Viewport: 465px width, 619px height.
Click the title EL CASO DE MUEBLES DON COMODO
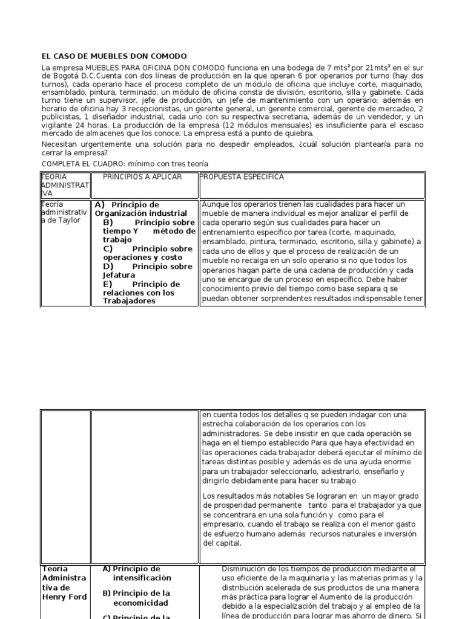coord(114,56)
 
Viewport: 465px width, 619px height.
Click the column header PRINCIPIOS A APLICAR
coord(142,177)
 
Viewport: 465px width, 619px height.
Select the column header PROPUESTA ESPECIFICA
coord(242,177)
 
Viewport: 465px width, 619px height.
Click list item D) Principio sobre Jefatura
coord(147,270)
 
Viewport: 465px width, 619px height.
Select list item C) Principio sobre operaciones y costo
coord(147,253)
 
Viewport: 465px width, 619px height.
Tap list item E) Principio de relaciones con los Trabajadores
coord(147,293)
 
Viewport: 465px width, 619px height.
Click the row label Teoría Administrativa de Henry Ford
coord(64,583)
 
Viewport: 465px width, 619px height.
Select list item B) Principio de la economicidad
coord(140,598)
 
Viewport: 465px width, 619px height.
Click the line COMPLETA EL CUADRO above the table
coord(124,164)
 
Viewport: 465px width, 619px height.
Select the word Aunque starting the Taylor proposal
coord(216,204)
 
